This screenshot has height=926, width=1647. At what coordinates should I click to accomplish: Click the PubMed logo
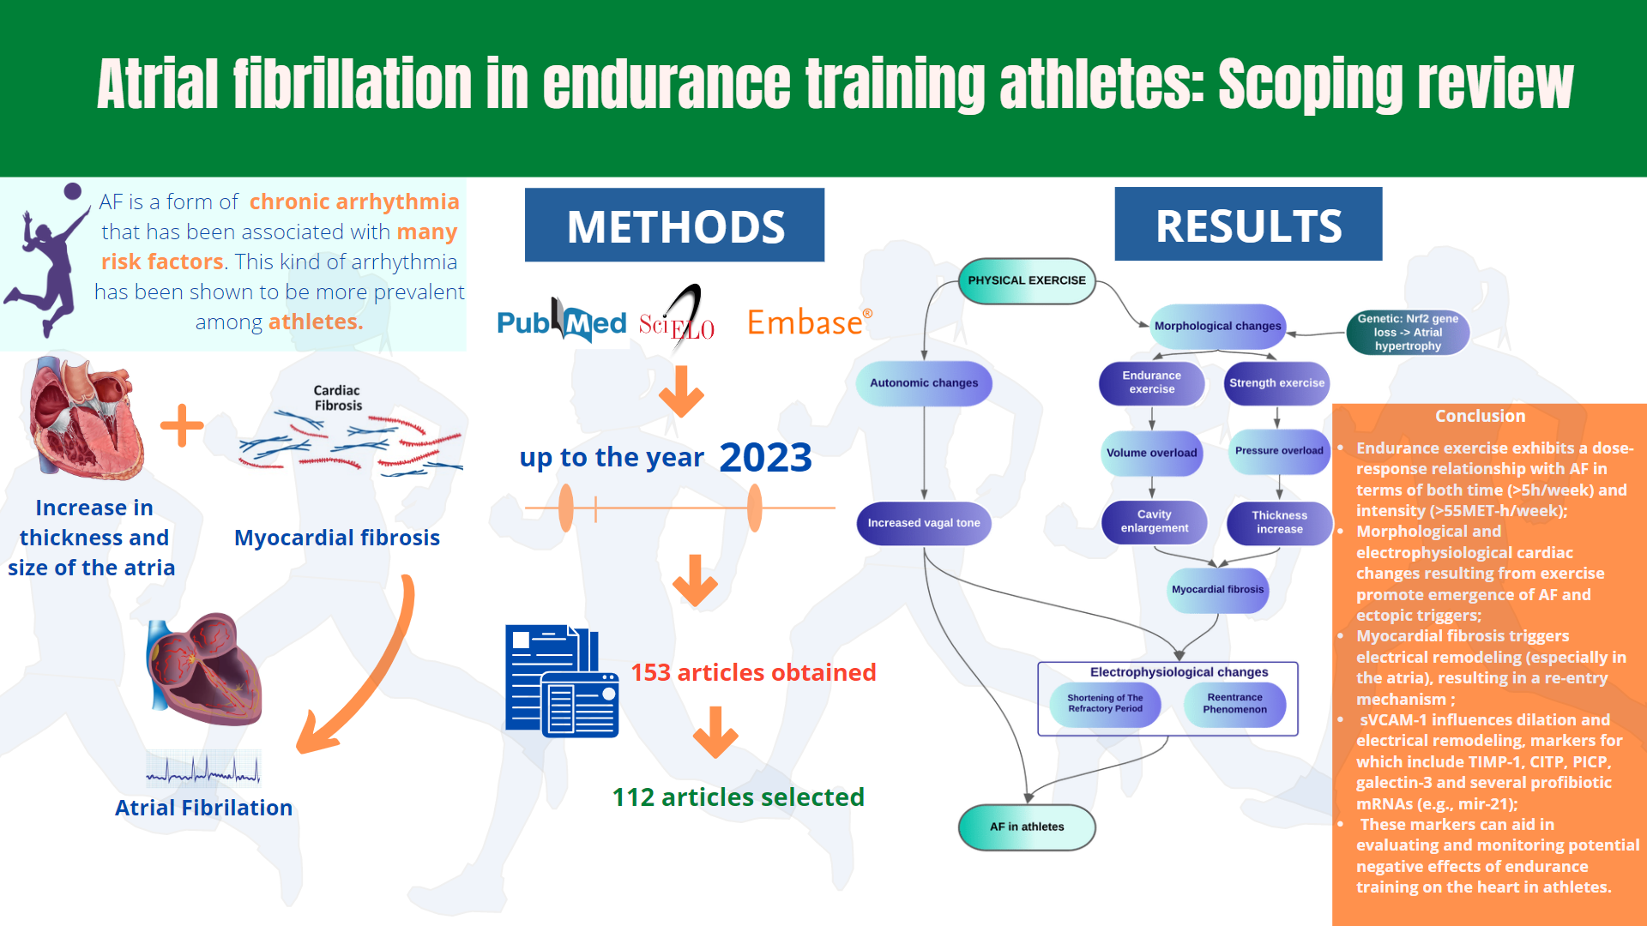562,322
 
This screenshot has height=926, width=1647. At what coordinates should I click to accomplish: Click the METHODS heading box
674,225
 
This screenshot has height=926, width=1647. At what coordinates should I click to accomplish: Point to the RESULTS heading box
1248,224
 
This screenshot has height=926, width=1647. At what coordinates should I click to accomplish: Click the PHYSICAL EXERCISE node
1027,280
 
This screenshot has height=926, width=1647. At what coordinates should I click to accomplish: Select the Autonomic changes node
924,383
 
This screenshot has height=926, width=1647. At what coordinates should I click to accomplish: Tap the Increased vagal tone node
924,523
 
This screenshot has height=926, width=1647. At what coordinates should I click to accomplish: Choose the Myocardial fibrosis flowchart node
1218,590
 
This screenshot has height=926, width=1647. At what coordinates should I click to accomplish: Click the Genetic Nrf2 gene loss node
1408,332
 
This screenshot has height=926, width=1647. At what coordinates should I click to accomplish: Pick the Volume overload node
1151,453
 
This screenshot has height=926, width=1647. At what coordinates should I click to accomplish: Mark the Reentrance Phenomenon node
1234,704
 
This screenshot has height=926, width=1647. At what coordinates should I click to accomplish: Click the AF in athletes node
1027,827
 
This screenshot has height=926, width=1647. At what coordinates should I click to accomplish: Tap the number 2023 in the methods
765,457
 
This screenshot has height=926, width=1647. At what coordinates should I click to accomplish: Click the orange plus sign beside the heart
182,425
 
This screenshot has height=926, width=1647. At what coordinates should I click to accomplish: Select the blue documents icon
562,681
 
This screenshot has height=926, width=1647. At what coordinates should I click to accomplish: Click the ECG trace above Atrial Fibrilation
203,769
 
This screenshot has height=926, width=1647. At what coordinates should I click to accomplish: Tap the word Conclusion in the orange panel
1481,416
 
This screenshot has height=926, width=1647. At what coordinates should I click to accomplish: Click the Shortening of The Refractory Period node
1105,704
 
